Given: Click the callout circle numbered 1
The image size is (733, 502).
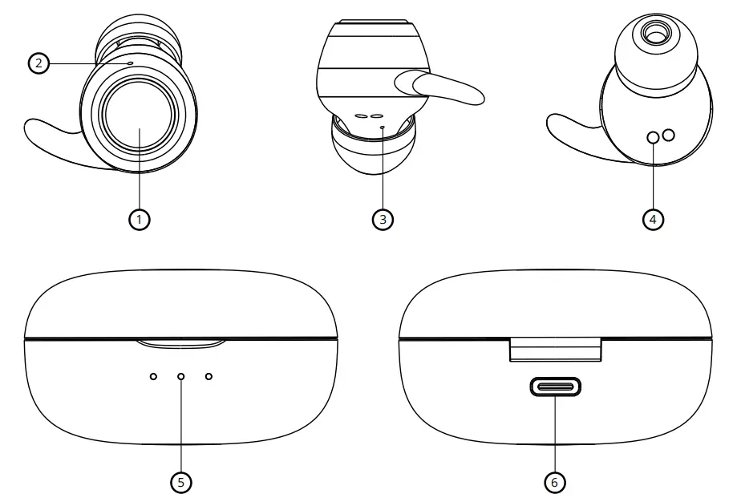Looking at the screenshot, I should click(140, 219).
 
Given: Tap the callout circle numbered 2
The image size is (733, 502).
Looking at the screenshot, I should click(38, 63).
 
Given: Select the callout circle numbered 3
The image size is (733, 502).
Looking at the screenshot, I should click(383, 219).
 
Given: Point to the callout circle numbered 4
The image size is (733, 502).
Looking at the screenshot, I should click(654, 219).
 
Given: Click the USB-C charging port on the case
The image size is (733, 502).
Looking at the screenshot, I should click(555, 388).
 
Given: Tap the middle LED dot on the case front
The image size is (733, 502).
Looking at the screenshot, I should click(181, 376).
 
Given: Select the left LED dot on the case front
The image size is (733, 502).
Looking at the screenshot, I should click(153, 376).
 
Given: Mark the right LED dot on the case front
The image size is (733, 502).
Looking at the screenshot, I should click(209, 376).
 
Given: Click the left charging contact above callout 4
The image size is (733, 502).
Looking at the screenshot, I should click(654, 138).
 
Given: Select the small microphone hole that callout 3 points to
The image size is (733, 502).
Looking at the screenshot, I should click(383, 126).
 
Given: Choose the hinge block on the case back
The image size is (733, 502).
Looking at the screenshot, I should click(555, 349).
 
